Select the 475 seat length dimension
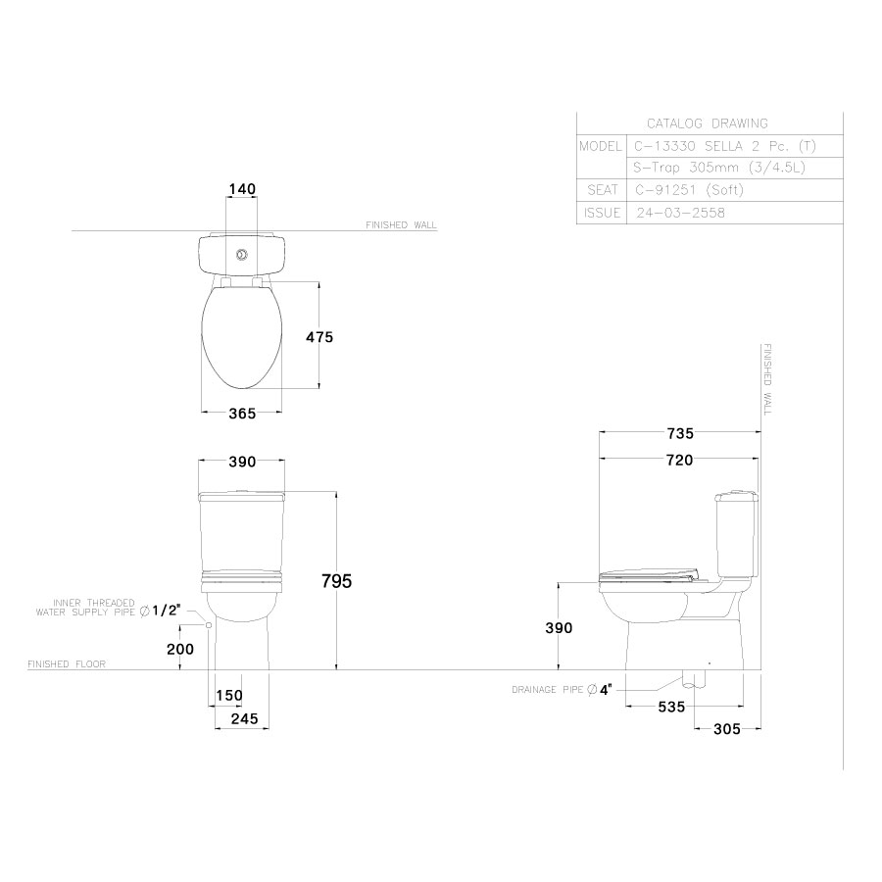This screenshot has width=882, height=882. (319, 336)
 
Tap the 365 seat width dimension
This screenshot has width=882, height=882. (241, 414)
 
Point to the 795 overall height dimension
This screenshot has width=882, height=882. (336, 580)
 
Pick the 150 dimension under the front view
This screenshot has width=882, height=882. (228, 695)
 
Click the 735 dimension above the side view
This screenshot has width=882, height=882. (679, 433)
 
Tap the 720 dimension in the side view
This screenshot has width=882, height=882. (679, 460)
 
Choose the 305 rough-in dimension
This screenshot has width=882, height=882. (726, 728)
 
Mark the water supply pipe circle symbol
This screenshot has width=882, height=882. (209, 624)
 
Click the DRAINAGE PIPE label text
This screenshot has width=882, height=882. (548, 690)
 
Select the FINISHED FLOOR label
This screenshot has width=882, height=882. (67, 663)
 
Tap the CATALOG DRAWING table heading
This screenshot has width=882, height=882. (707, 123)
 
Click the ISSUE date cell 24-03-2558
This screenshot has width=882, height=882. (680, 213)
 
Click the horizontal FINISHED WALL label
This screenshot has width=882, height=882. (401, 224)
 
